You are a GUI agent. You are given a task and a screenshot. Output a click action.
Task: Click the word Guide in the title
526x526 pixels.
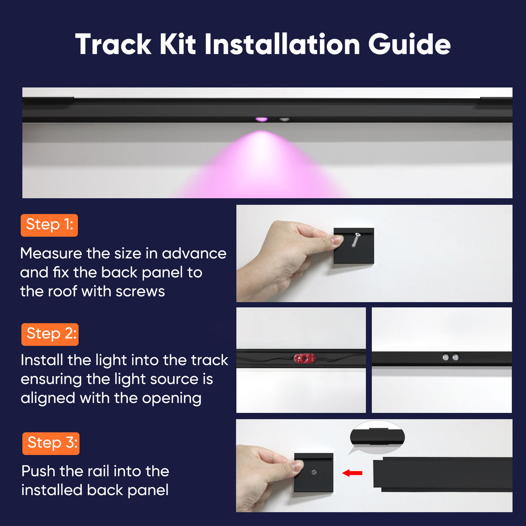coord(409,44)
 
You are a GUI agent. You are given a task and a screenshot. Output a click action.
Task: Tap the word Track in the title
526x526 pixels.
coord(113,44)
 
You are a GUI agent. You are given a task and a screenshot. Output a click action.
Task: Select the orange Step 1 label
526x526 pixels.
coord(49,225)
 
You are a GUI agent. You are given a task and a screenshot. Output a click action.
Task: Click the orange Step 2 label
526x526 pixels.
coord(50,334)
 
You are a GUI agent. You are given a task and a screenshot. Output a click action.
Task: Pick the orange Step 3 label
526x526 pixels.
coord(51,443)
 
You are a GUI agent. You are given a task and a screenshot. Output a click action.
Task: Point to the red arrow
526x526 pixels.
coord(352,473)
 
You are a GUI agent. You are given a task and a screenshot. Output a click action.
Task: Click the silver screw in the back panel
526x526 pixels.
coord(355,240)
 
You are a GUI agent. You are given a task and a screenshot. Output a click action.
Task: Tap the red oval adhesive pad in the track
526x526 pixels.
coord(304,358)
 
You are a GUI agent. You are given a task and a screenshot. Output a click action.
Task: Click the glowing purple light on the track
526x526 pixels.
coord(262,119)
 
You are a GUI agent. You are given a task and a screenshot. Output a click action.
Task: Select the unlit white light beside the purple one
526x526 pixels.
coord(284,119)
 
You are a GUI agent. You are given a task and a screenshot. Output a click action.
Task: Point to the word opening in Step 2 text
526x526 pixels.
coord(172,399)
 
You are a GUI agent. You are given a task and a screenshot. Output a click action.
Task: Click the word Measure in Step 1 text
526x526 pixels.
coord(51,253)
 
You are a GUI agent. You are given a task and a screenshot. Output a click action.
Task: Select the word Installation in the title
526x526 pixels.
coord(282,44)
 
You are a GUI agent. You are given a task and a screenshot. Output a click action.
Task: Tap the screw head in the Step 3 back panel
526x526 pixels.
coord(314,472)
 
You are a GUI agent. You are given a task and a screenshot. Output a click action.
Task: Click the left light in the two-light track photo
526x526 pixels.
coord(445,357)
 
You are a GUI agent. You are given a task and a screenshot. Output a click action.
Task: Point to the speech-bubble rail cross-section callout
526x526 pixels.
coord(377,437)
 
